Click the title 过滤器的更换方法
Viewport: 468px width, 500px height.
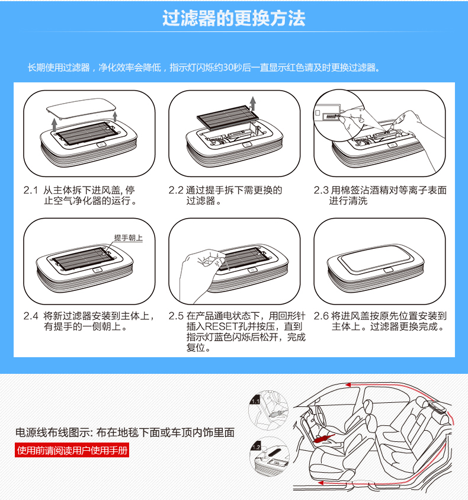pos(233,18)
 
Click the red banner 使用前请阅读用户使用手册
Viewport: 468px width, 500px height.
pos(72,450)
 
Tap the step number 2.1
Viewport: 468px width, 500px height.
pos(31,190)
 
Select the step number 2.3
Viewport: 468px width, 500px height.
pos(320,190)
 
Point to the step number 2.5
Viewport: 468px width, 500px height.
pos(176,316)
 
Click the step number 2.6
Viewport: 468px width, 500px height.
pos(321,316)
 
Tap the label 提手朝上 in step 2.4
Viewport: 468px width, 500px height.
pos(129,238)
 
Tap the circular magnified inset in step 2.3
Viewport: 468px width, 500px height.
pos(339,116)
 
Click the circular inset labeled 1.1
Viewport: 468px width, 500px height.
pos(268,410)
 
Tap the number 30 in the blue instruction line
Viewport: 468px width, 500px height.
pos(228,68)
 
